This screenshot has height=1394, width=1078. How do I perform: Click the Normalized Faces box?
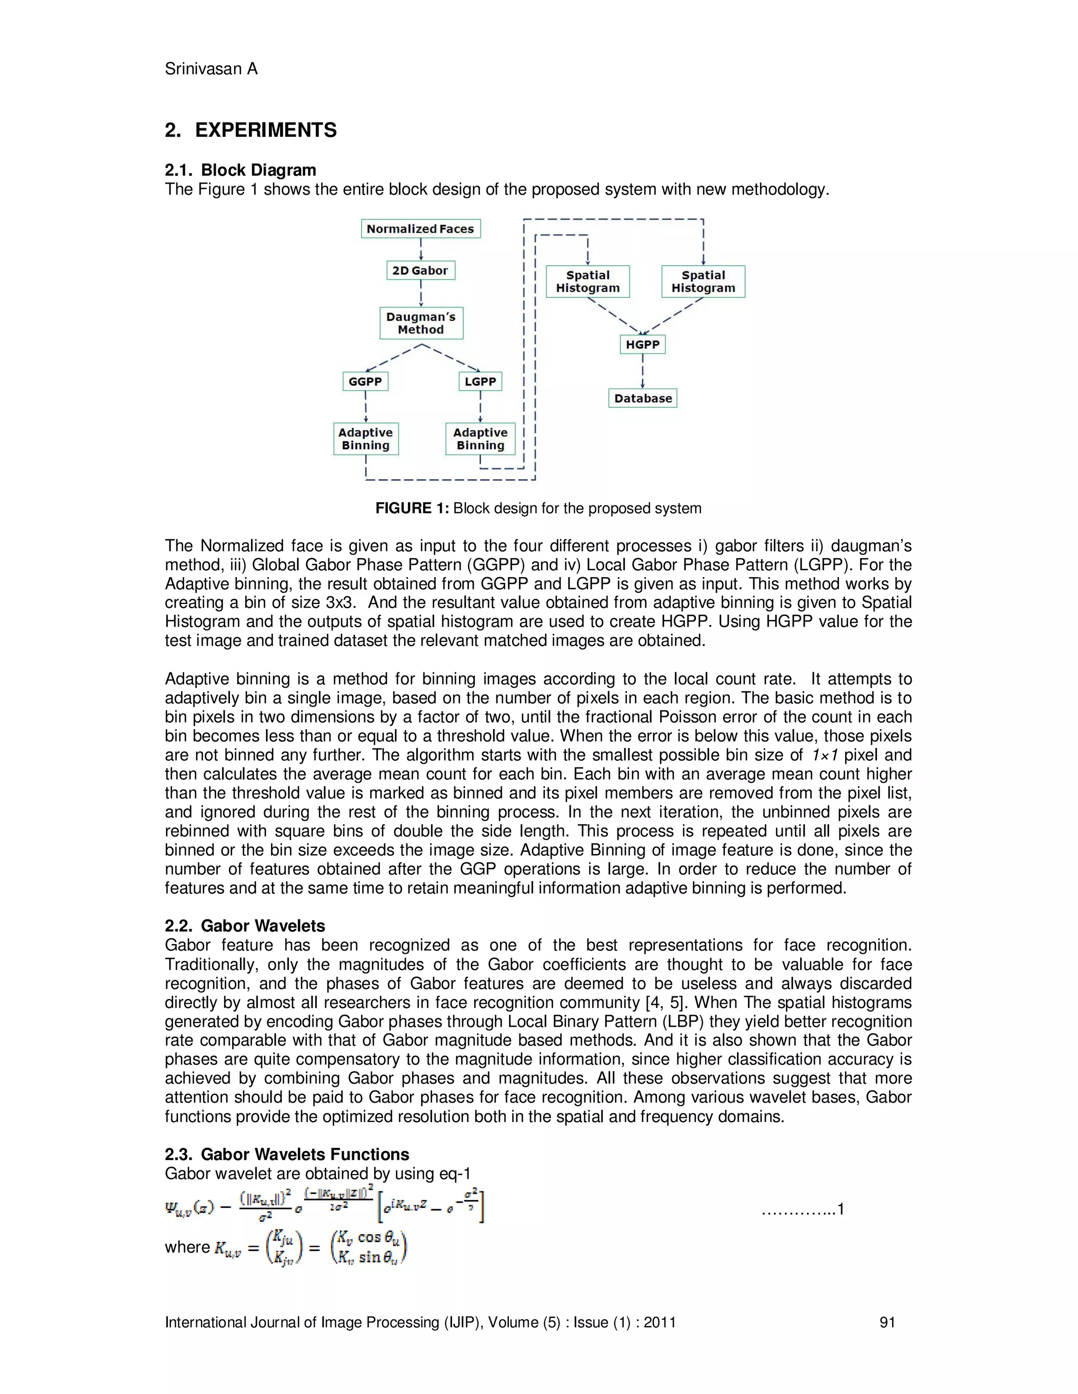point(420,228)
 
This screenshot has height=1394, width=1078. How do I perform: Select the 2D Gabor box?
point(420,270)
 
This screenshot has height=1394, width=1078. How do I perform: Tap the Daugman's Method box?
point(421,323)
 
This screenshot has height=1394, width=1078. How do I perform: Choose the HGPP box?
point(643,345)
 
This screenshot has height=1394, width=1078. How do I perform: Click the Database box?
point(643,398)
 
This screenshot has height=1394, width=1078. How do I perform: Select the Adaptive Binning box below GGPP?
point(365,439)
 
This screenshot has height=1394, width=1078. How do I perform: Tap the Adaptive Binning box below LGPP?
point(480,439)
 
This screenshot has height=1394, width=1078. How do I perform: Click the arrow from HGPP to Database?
point(643,371)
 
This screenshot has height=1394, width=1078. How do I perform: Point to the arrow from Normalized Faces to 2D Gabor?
point(421,249)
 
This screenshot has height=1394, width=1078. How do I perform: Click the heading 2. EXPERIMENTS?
point(251,130)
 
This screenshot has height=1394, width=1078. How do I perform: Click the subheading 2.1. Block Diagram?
point(240,170)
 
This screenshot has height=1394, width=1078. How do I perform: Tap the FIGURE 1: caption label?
point(413,508)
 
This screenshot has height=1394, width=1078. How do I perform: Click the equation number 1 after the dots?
point(841,1209)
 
